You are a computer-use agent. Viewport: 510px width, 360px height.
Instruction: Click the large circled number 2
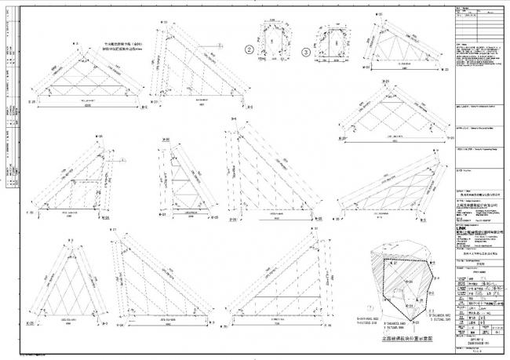[x=250, y=49]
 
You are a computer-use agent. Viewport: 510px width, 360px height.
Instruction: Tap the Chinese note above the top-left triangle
[x=120, y=48]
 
